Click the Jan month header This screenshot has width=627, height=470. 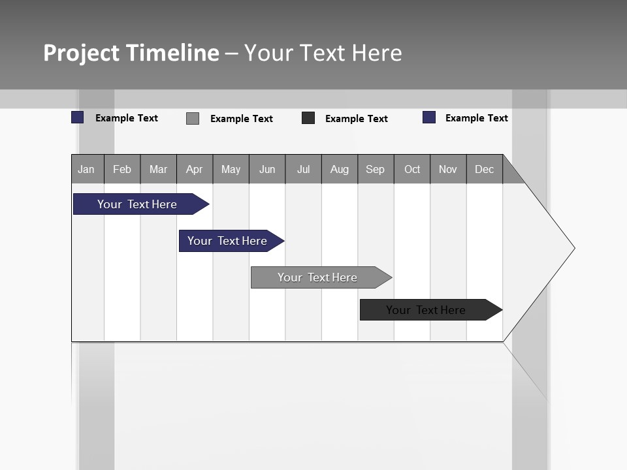click(x=86, y=169)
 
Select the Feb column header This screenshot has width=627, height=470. click(x=122, y=169)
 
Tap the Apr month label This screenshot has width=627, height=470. click(x=194, y=169)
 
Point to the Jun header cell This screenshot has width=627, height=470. click(x=267, y=169)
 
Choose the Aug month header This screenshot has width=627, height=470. click(x=340, y=169)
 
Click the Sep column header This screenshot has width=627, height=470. click(x=375, y=169)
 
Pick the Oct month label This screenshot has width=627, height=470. click(x=412, y=169)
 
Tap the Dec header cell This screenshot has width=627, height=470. click(x=484, y=169)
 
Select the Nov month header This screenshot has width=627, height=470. click(x=448, y=169)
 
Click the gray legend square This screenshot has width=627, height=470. click(x=193, y=118)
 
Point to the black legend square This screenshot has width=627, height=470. click(x=308, y=118)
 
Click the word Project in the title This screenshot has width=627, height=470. click(x=82, y=53)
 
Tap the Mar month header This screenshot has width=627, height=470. click(x=158, y=169)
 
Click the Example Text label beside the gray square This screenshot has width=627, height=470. click(x=242, y=119)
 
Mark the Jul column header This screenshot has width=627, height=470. click(x=303, y=169)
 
